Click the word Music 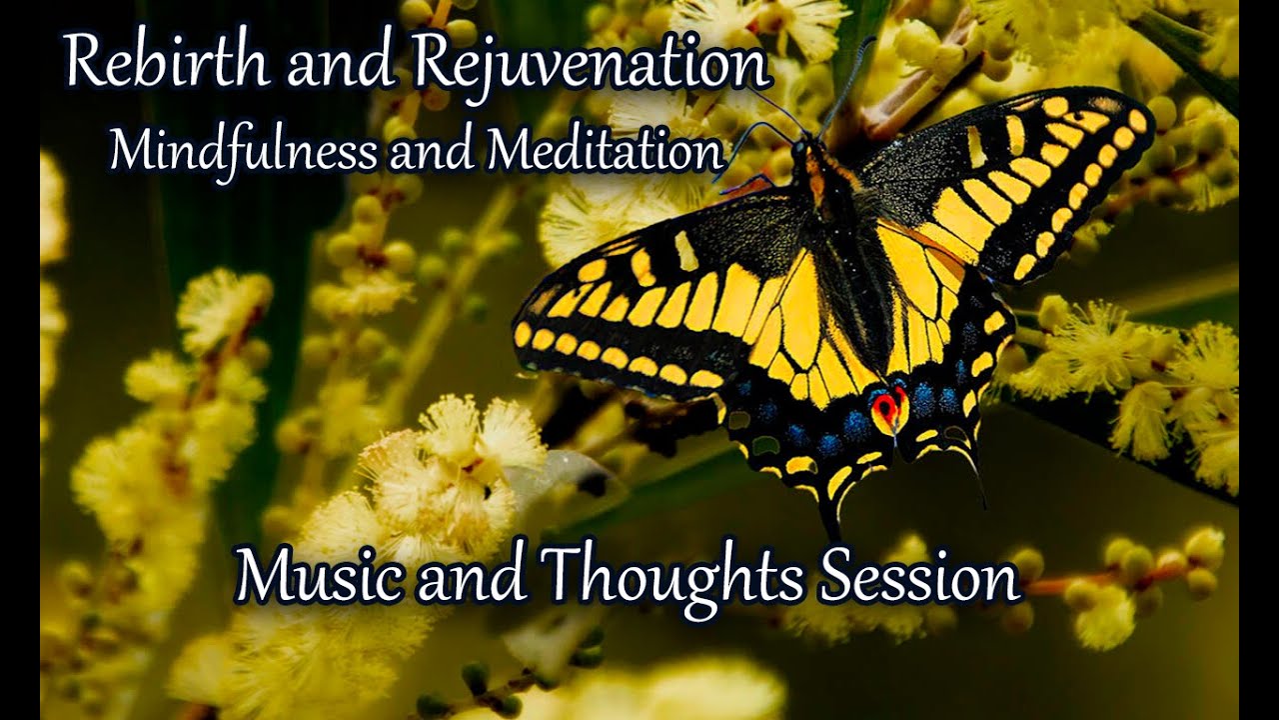coord(315,578)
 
